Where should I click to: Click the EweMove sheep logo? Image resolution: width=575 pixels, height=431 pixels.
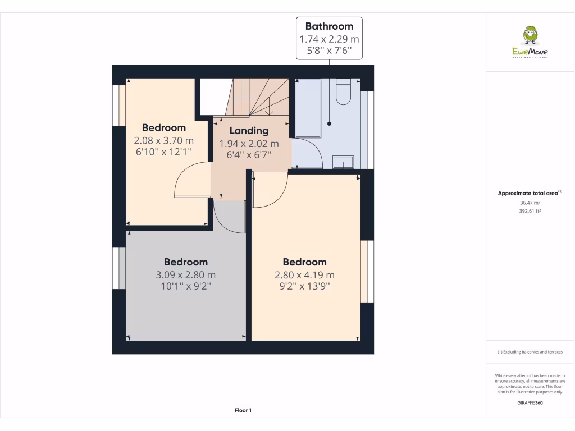click(530, 36)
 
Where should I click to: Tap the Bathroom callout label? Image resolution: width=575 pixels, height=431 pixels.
click(329, 38)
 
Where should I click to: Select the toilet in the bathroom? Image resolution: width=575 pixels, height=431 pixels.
click(343, 91)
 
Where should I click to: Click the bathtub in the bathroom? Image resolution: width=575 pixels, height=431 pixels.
click(308, 108)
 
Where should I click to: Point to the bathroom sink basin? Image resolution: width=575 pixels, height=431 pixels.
click(343, 162)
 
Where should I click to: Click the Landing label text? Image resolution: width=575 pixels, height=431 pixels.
click(249, 131)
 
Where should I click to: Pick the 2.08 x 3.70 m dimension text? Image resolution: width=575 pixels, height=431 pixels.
click(163, 140)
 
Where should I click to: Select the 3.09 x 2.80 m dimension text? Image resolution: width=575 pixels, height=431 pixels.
click(185, 275)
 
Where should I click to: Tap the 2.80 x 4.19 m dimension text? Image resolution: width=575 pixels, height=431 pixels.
click(304, 275)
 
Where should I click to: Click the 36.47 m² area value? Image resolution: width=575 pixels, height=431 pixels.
click(530, 203)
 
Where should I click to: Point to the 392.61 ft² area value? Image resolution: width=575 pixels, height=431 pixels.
click(530, 211)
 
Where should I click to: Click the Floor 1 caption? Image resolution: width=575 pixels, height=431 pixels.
click(243, 410)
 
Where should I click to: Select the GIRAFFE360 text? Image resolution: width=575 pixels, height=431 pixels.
click(530, 402)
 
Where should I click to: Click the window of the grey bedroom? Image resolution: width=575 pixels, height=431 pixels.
click(118, 268)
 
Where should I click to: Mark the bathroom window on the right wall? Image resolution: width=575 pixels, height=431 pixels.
click(369, 129)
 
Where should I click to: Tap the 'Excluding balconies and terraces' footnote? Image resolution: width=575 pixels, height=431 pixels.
click(530, 352)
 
